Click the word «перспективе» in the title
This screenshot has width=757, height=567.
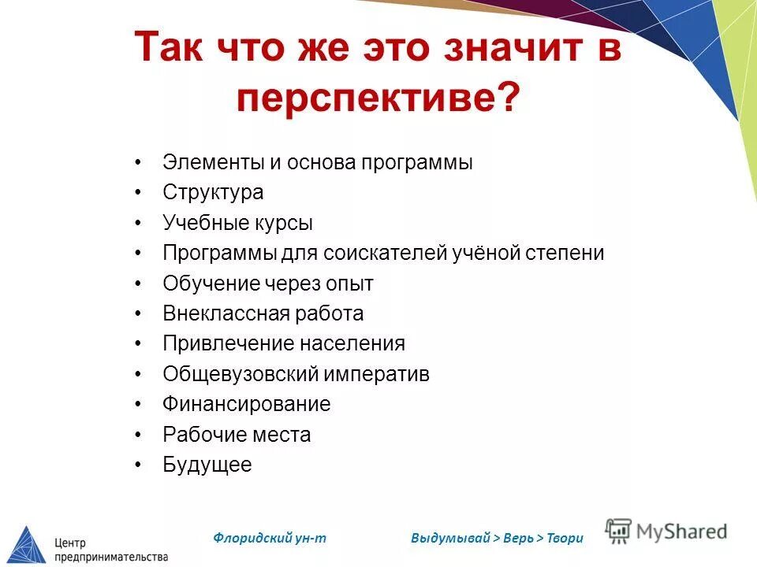369,101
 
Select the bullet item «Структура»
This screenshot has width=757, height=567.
213,192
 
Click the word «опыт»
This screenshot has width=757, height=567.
347,283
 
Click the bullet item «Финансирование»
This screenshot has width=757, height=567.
247,404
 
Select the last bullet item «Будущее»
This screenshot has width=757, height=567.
207,465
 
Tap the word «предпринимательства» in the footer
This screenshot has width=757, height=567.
111,557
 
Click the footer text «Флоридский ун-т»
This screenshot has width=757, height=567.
270,538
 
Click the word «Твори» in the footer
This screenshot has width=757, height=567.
565,539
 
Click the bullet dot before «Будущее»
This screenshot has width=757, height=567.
138,465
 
